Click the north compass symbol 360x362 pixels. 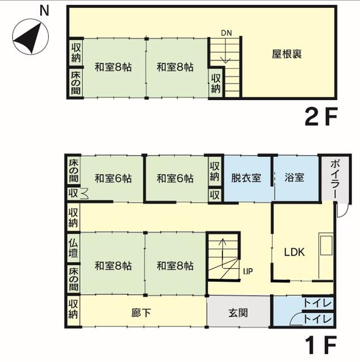coord(31,37)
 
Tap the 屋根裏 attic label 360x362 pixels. coord(286,54)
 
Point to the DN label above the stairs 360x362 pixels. coord(226,33)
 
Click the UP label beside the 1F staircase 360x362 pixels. coord(248,271)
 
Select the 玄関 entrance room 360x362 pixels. coord(238,312)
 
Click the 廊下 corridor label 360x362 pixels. coord(141,313)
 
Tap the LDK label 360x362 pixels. coord(294,252)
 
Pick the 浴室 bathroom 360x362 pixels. coord(297,178)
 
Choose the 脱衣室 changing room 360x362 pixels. coord(247,178)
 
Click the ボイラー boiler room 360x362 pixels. coord(335,179)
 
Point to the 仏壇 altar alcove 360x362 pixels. coord(73,248)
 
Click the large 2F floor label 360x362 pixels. coord(321,117)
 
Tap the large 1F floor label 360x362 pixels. coord(321,345)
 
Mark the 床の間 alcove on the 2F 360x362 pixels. coord(76,83)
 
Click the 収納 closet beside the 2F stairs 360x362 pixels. coord(216,83)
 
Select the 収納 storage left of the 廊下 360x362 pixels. coord(73,311)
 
